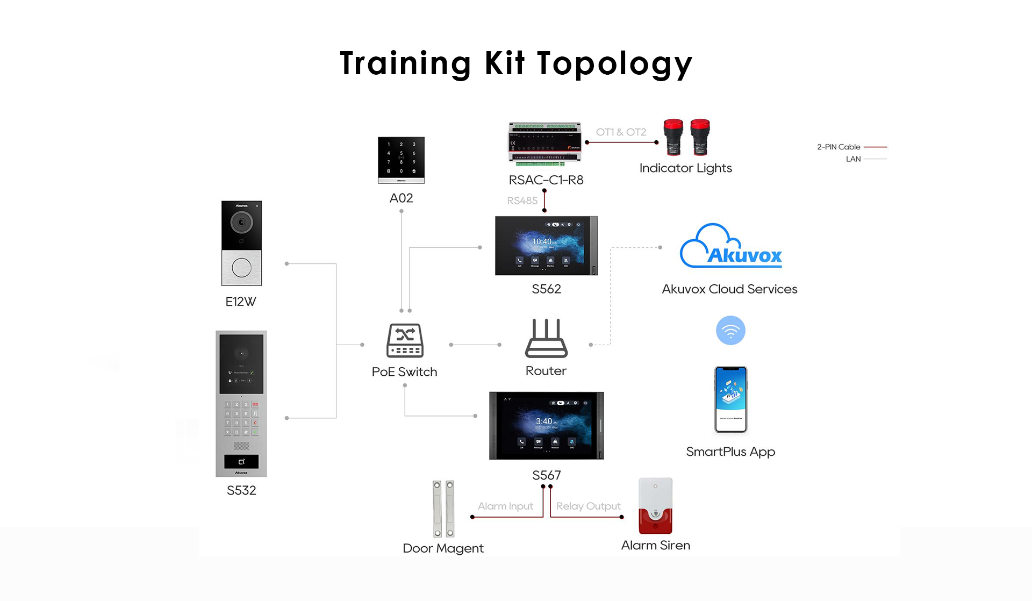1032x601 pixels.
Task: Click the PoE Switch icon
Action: point(405,340)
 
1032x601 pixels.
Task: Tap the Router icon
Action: point(546,338)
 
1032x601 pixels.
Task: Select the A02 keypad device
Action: point(401,160)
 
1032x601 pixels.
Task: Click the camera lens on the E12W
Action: point(241,221)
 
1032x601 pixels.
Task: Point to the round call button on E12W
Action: point(241,267)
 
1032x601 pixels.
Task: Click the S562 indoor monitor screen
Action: point(543,246)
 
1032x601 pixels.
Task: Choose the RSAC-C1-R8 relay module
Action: point(545,144)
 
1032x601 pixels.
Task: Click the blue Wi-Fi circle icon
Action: point(730,330)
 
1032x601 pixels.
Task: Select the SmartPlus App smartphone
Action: point(730,399)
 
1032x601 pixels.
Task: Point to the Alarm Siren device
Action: point(655,506)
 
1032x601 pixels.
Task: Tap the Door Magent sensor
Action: point(443,509)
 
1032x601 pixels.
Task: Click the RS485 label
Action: point(522,201)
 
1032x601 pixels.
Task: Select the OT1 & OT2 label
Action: point(621,132)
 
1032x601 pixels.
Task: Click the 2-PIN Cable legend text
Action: point(838,147)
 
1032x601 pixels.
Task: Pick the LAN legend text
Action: point(853,159)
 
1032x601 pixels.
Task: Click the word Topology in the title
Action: point(615,63)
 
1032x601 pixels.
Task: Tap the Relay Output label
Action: point(588,506)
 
